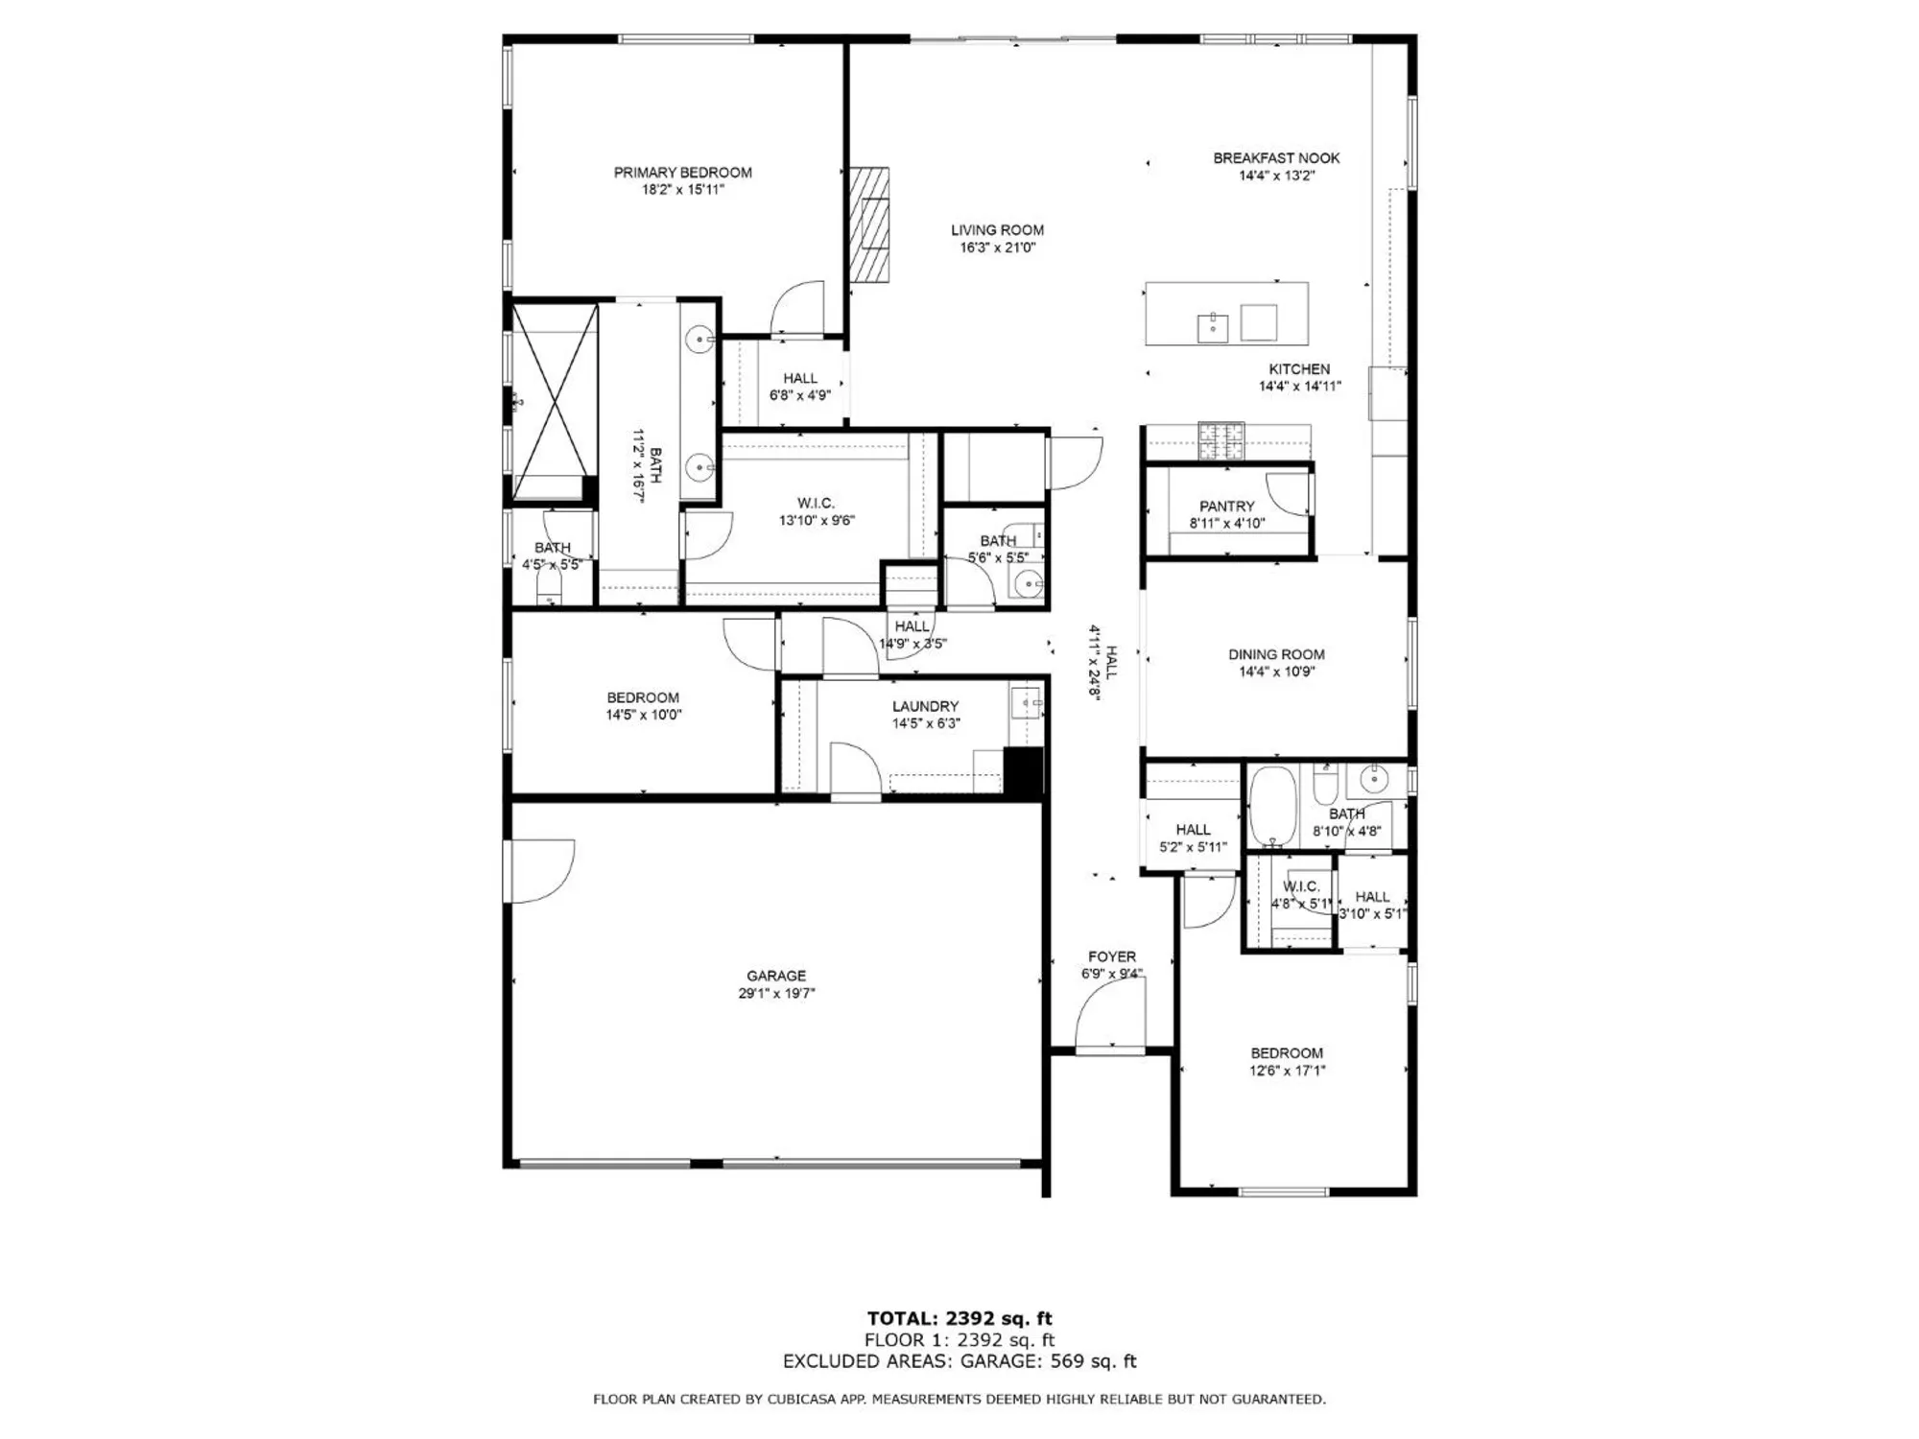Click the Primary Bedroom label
(682, 173)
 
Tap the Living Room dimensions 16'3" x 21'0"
(997, 248)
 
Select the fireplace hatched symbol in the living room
(869, 225)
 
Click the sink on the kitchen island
(1213, 326)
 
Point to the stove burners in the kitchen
(1220, 440)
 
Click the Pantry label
(1226, 507)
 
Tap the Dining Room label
(1276, 654)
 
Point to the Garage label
(776, 976)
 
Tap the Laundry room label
(925, 706)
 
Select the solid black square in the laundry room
(1023, 771)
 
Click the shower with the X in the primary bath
(554, 400)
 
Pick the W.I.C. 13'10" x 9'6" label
(816, 504)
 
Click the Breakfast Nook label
(1276, 158)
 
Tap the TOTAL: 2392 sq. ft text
(959, 1318)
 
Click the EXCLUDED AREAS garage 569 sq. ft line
(959, 1361)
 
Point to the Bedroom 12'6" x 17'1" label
(1287, 1053)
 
